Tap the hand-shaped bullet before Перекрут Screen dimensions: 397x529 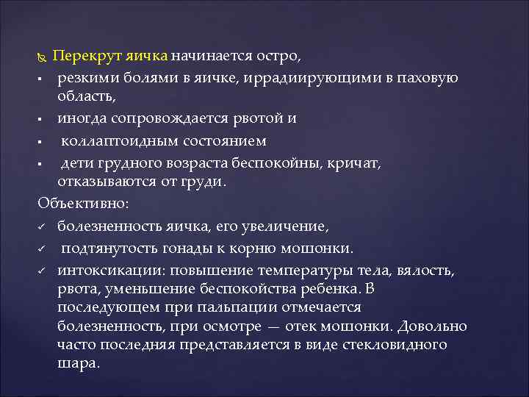tap(41, 57)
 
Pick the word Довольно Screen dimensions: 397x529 tap(430, 326)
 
